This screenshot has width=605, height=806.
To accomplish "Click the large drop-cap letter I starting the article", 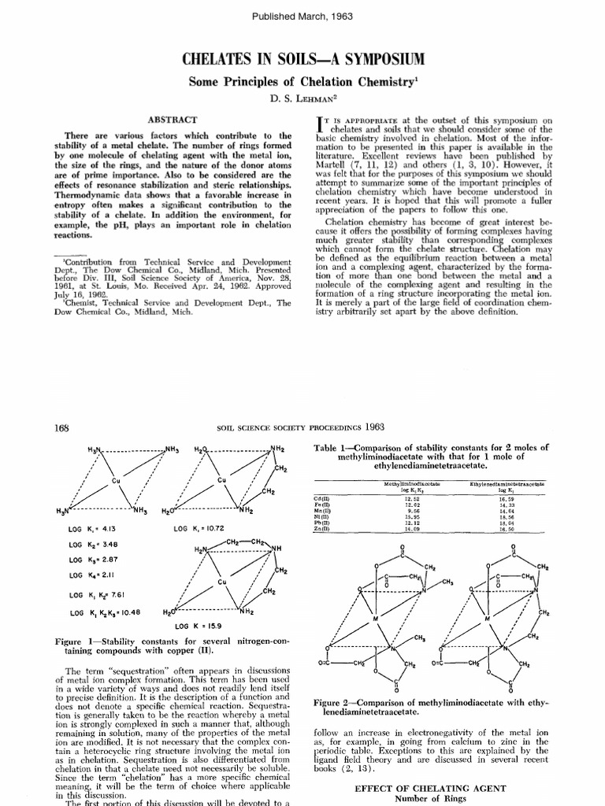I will (x=318, y=124).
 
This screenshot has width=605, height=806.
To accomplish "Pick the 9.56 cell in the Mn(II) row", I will (x=412, y=512).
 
